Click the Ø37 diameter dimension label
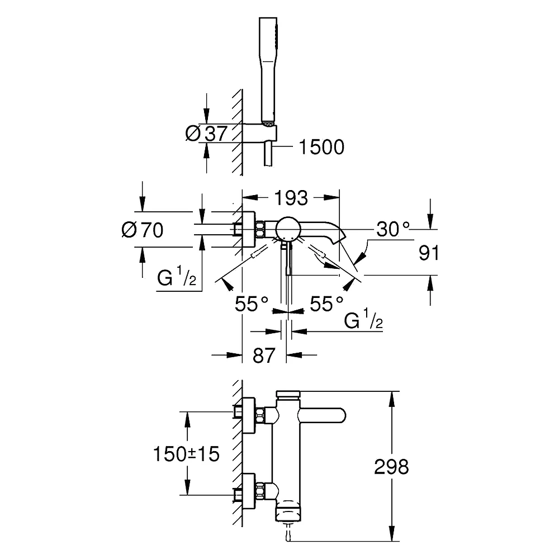click(206, 134)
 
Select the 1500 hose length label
click(321, 147)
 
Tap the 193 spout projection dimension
click(291, 198)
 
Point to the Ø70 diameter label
click(142, 230)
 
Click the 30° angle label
click(393, 229)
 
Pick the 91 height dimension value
click(429, 253)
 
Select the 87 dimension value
click(264, 356)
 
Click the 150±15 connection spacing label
click(186, 454)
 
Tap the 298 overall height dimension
click(391, 467)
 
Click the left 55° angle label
click(252, 304)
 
